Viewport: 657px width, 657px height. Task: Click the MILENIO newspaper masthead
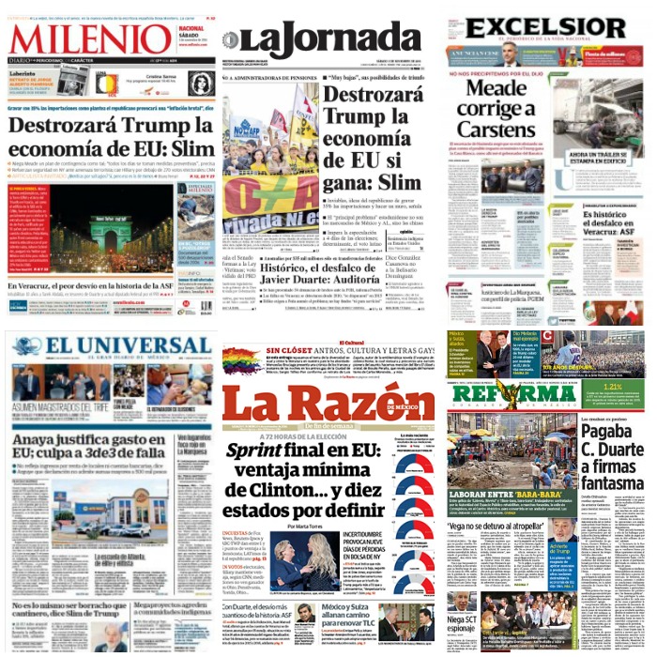pos(91,40)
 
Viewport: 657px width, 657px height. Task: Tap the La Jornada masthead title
pos(324,40)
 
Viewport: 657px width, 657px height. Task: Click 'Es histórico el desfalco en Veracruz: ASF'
pos(601,225)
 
